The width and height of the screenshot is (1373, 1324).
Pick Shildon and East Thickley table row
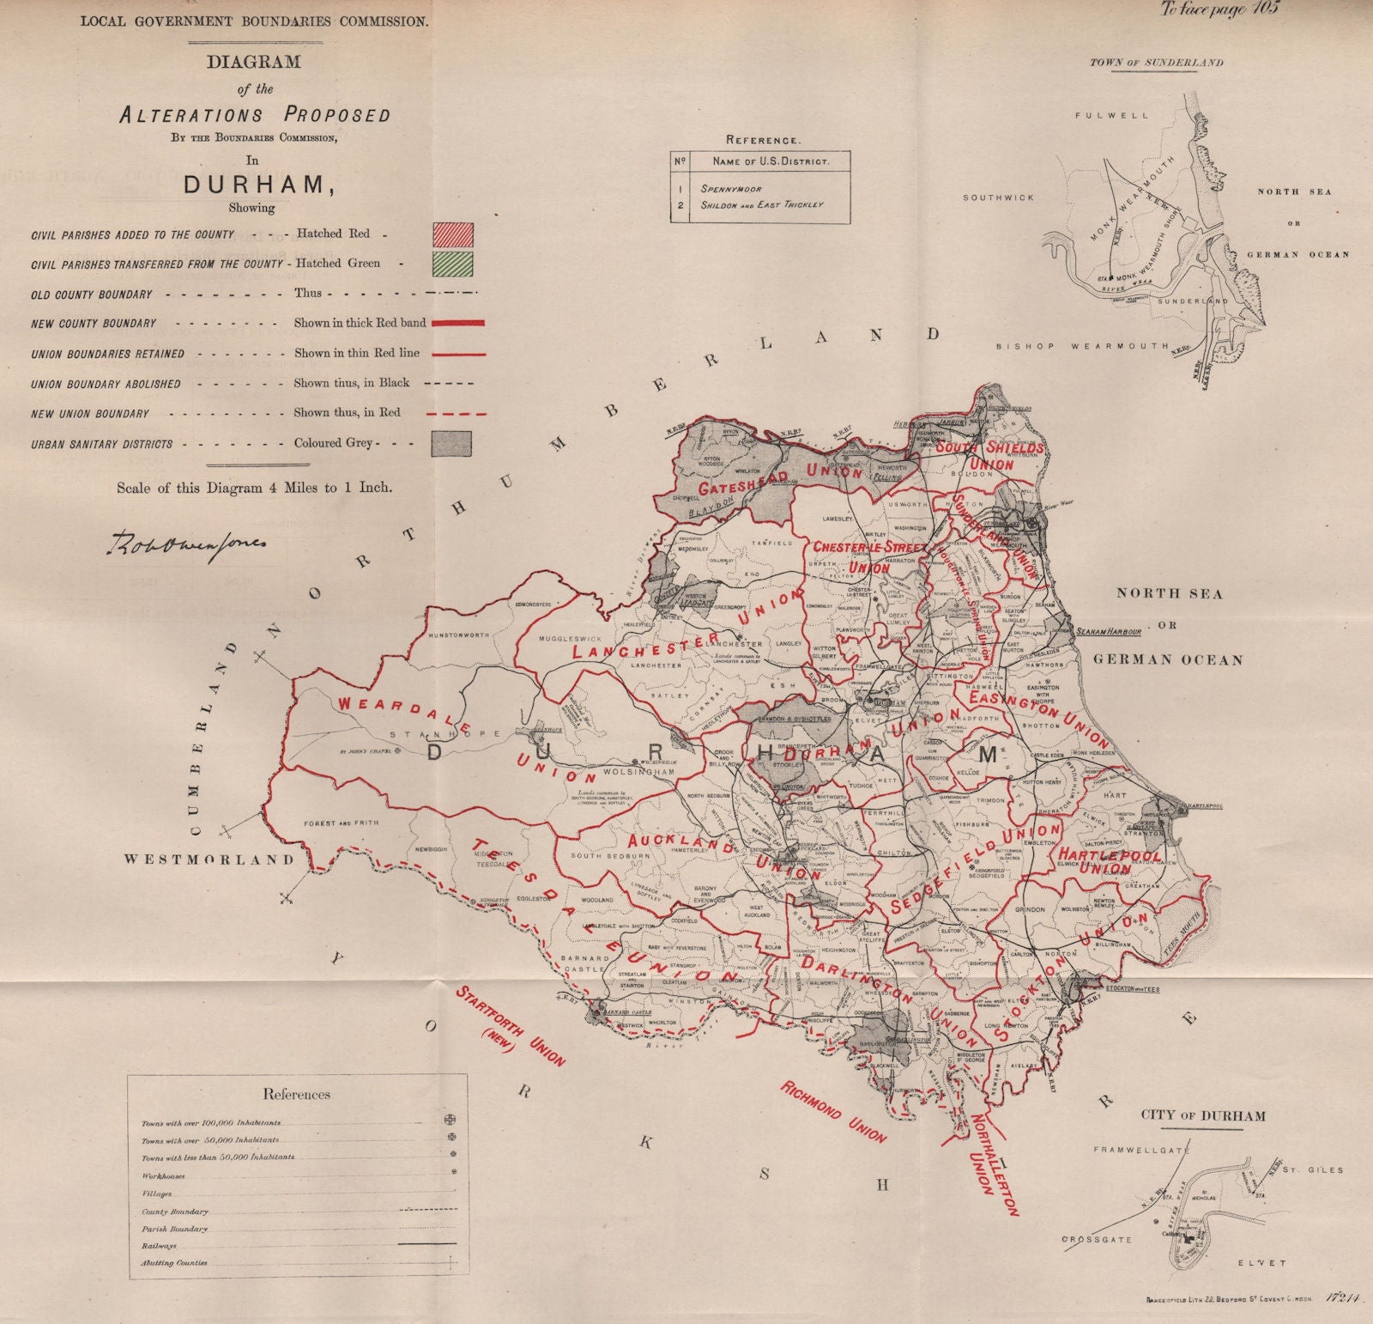(762, 205)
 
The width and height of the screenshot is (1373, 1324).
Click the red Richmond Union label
(833, 1111)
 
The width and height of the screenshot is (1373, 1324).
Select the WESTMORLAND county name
(210, 859)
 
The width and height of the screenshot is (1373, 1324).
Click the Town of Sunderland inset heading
(1156, 63)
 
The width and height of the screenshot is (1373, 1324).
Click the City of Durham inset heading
(1202, 1116)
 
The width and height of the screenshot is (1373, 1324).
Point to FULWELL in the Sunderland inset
(1110, 115)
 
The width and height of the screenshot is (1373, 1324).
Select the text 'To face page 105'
(1219, 10)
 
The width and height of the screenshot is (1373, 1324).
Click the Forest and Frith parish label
(341, 823)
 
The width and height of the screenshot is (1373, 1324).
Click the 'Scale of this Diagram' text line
(255, 488)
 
